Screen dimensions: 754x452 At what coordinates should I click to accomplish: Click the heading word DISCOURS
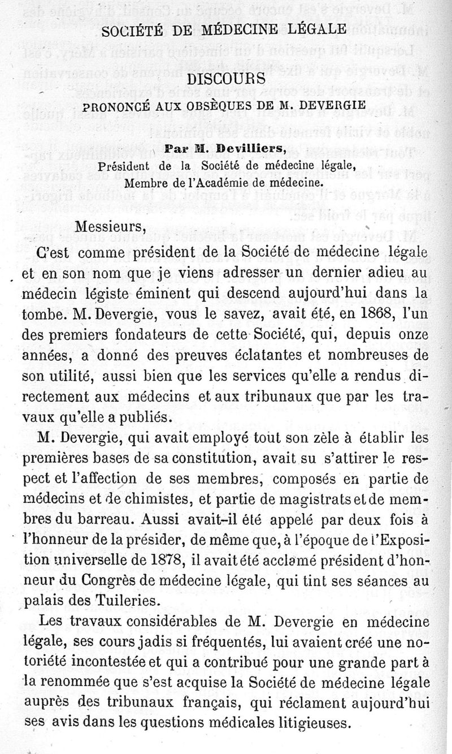(x=226, y=80)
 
